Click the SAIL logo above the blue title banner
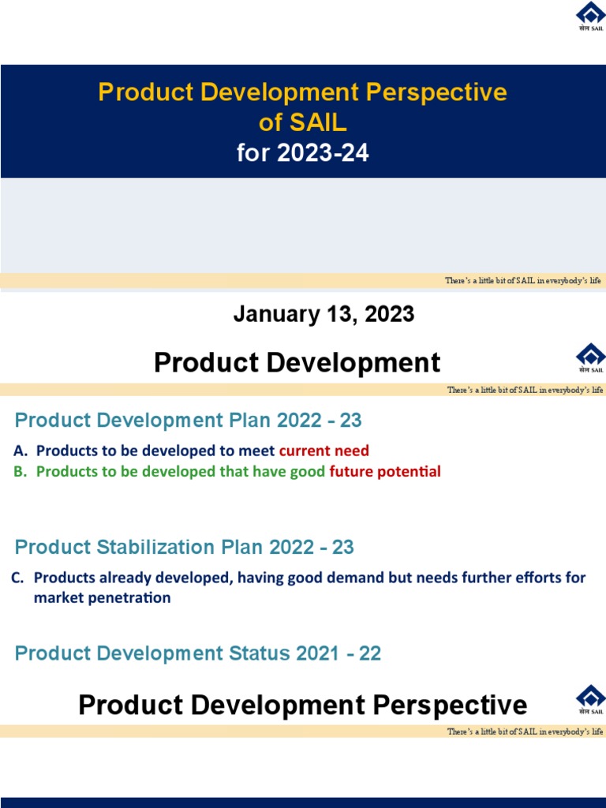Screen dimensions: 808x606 pyautogui.click(x=590, y=17)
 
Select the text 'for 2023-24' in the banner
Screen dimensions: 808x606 pyautogui.click(x=302, y=152)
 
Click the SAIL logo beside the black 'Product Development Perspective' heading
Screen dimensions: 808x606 pyautogui.click(x=590, y=700)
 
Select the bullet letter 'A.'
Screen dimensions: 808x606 pyautogui.click(x=21, y=451)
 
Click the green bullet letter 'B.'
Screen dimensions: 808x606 pyautogui.click(x=21, y=472)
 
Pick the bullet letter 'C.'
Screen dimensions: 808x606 pyautogui.click(x=18, y=578)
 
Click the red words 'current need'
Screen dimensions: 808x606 pyautogui.click(x=324, y=451)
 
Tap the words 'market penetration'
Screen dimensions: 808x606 pyautogui.click(x=102, y=597)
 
